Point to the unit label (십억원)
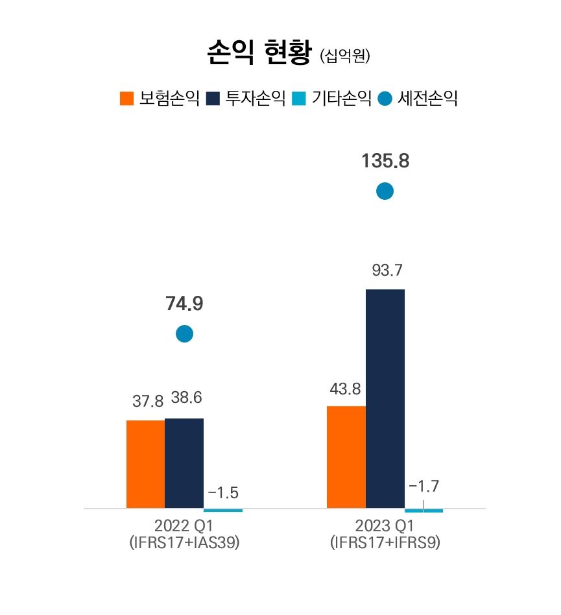point(344,56)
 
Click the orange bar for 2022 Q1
point(145,464)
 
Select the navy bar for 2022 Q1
point(184,463)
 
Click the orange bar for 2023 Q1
point(346,457)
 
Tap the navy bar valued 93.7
point(385,398)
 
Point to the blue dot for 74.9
point(185,333)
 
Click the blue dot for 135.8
point(385,191)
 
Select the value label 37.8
point(148,402)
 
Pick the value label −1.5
point(223,493)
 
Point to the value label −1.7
point(424,486)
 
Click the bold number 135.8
point(385,162)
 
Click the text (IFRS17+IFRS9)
point(385,542)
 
